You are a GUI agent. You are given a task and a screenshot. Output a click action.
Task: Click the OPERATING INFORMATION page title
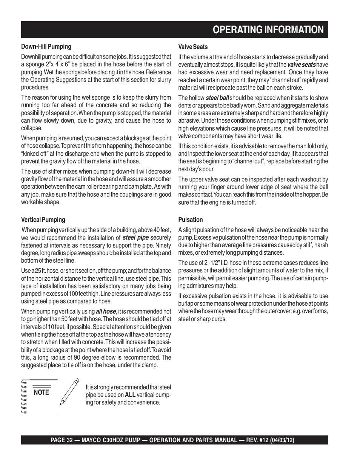(x=268, y=30)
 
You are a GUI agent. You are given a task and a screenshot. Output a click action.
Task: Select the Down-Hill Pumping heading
(x=46, y=47)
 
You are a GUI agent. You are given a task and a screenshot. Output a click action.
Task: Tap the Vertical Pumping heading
(x=43, y=220)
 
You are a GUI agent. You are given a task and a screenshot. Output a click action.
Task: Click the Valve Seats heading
(x=193, y=47)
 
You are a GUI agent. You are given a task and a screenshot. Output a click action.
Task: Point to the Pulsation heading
(x=191, y=220)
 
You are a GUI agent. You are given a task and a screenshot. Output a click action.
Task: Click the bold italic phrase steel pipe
(x=135, y=238)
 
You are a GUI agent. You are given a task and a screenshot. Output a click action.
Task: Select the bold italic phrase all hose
(x=106, y=311)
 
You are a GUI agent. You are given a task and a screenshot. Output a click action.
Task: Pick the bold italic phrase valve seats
(x=302, y=65)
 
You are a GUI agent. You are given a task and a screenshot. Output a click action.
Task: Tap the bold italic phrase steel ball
(x=217, y=98)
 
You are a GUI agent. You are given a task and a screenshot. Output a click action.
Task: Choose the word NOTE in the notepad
(x=41, y=392)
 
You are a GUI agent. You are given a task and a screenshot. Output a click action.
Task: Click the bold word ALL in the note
(x=130, y=395)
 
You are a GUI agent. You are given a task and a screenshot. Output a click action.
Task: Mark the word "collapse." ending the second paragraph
(x=32, y=128)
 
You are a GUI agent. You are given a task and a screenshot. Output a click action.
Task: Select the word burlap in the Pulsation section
(x=186, y=304)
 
